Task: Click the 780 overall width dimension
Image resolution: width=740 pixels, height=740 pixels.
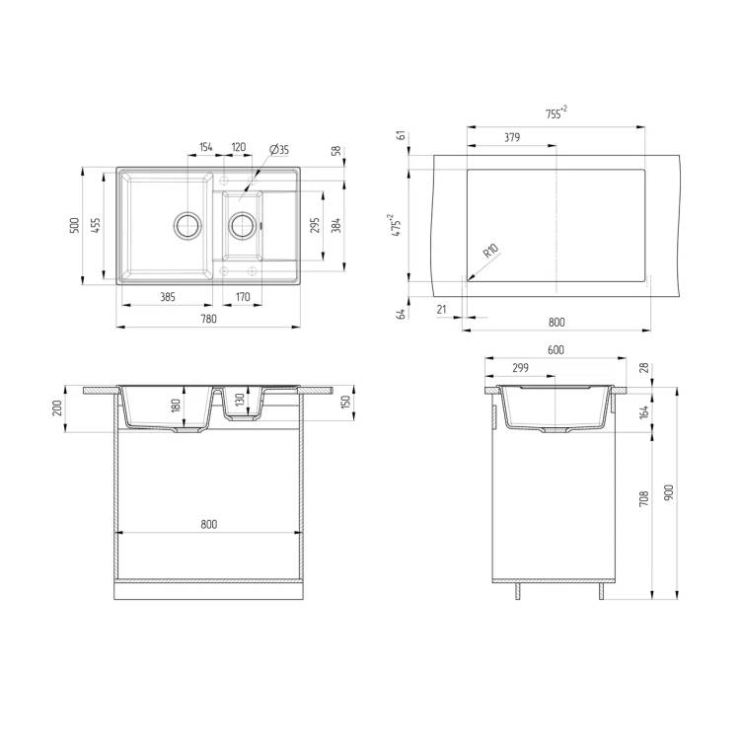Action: coord(208,319)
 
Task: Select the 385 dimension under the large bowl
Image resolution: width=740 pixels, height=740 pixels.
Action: coord(168,297)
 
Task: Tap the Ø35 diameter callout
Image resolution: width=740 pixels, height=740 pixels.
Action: coord(279,150)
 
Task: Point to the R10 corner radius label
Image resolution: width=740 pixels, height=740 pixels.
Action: coord(490,251)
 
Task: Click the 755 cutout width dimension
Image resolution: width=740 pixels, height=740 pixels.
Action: coord(556,113)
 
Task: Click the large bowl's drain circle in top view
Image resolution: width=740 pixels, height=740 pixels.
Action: coord(188,225)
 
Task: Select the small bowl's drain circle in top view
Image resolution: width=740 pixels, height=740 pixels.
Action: coord(243,225)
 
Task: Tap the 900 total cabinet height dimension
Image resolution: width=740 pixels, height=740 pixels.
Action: coord(668,492)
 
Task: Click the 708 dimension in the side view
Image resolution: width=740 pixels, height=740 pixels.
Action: coord(643,499)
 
